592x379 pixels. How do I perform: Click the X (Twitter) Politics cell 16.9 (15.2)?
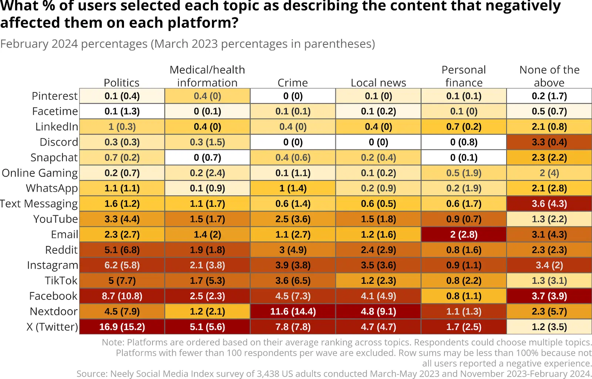tap(122, 327)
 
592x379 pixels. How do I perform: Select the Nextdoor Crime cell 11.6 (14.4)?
tap(293, 311)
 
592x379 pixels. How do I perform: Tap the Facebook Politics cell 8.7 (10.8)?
tap(122, 296)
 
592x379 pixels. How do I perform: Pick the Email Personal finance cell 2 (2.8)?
tap(464, 235)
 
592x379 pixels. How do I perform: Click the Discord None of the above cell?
tap(549, 142)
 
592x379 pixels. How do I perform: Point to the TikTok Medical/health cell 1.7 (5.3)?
tap(207, 280)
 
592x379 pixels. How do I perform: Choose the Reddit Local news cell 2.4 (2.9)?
tap(378, 250)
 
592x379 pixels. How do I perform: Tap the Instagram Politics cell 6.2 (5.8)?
tap(122, 265)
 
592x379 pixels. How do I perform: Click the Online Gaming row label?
tap(40, 173)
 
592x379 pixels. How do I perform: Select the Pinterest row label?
tap(55, 96)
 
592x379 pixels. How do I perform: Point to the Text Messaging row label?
tap(39, 204)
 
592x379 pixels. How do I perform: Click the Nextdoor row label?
tap(54, 311)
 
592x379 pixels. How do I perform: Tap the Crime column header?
tap(293, 83)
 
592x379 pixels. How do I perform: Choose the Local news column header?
tap(378, 83)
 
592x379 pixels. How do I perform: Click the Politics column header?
tap(122, 83)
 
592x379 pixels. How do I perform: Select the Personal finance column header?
tap(464, 76)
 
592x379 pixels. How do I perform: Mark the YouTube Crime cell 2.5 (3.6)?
tap(293, 219)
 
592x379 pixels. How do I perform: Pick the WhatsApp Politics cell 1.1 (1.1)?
tap(122, 188)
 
